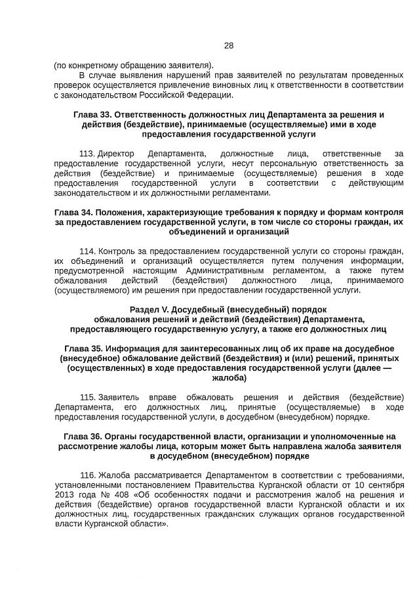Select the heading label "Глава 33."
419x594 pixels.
[93, 115]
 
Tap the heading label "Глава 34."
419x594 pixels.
[73, 213]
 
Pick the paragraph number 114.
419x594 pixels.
[87, 251]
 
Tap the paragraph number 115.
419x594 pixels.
[87, 397]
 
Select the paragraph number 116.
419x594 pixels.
[87, 475]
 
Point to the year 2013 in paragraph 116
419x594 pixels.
[65, 495]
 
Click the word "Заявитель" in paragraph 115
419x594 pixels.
[119, 397]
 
